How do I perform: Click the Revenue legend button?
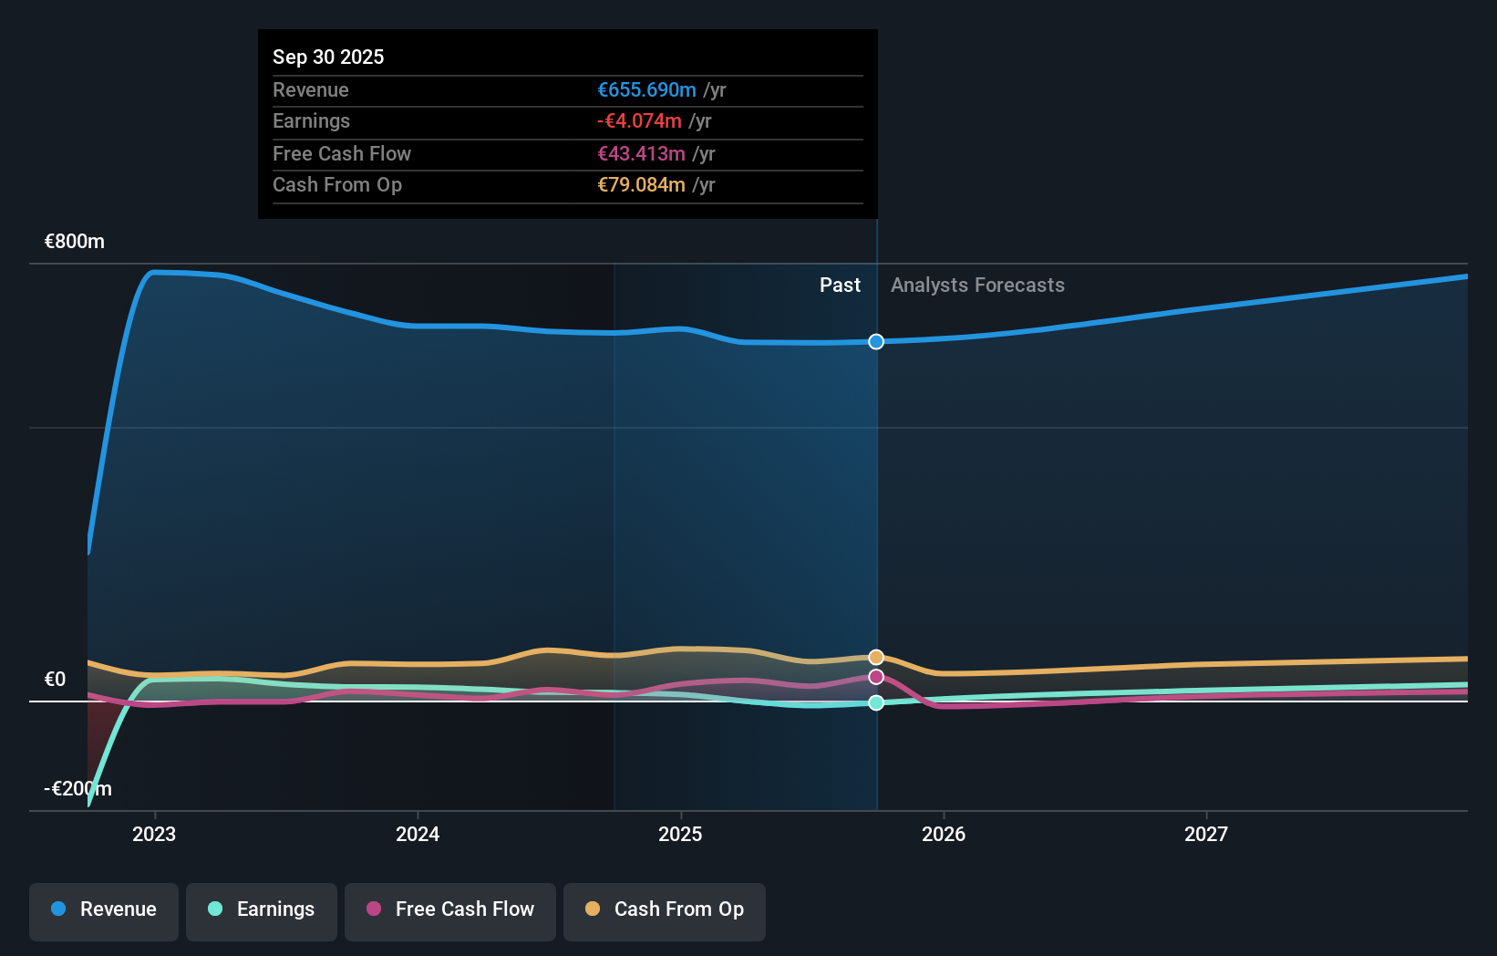click(104, 909)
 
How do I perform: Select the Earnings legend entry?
click(262, 909)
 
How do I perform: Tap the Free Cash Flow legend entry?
click(450, 909)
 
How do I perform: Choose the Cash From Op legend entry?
click(665, 909)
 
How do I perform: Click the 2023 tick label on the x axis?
click(154, 834)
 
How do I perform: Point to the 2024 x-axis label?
click(418, 834)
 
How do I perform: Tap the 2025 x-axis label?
click(680, 834)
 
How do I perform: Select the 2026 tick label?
click(944, 834)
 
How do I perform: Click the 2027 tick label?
click(1206, 834)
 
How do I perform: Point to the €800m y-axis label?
click(75, 242)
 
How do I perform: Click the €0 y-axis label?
click(56, 680)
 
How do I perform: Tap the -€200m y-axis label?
click(77, 789)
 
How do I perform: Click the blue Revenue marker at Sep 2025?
click(876, 342)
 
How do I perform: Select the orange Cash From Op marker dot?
click(876, 658)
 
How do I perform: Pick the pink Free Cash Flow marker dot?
click(876, 677)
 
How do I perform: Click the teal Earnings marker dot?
click(876, 702)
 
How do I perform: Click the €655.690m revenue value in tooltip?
click(646, 90)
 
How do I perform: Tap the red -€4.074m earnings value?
click(639, 121)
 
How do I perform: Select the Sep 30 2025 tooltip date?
click(328, 57)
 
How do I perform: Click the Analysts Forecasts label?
click(977, 286)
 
